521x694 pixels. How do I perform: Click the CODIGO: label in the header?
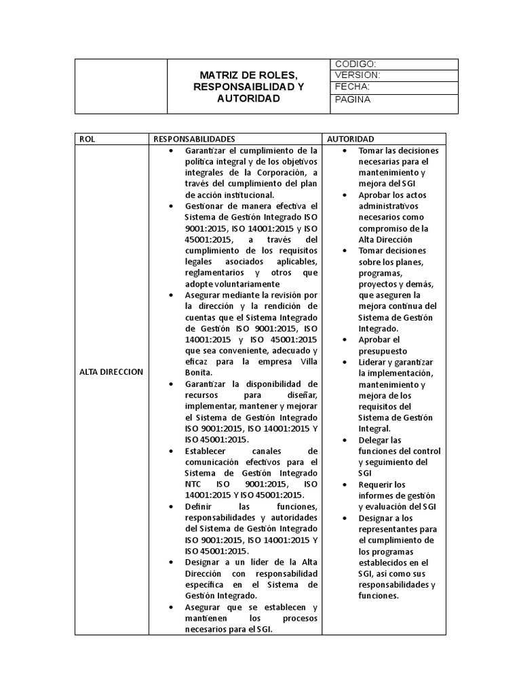351,64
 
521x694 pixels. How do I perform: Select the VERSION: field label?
357,75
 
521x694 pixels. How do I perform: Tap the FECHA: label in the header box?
352,87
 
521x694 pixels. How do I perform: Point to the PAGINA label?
353,100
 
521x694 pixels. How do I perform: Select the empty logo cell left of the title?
121,86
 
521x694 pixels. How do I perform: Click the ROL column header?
87,138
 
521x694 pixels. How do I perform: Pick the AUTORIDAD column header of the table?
350,138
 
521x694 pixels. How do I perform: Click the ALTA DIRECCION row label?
111,371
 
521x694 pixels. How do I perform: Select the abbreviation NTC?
195,483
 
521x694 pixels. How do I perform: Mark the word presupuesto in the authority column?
383,350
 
